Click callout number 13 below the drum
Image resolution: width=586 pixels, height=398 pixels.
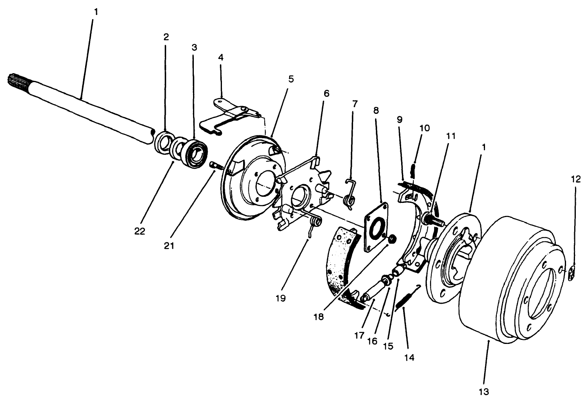coord(483,391)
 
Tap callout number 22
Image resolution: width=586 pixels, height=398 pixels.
coord(140,231)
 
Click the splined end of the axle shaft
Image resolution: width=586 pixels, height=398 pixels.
coord(15,79)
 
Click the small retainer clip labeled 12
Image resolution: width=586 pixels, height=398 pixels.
coord(572,273)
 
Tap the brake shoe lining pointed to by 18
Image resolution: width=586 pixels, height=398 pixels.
coord(342,260)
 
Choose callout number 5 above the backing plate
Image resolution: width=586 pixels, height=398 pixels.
coord(290,79)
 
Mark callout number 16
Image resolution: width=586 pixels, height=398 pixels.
coord(373,340)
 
